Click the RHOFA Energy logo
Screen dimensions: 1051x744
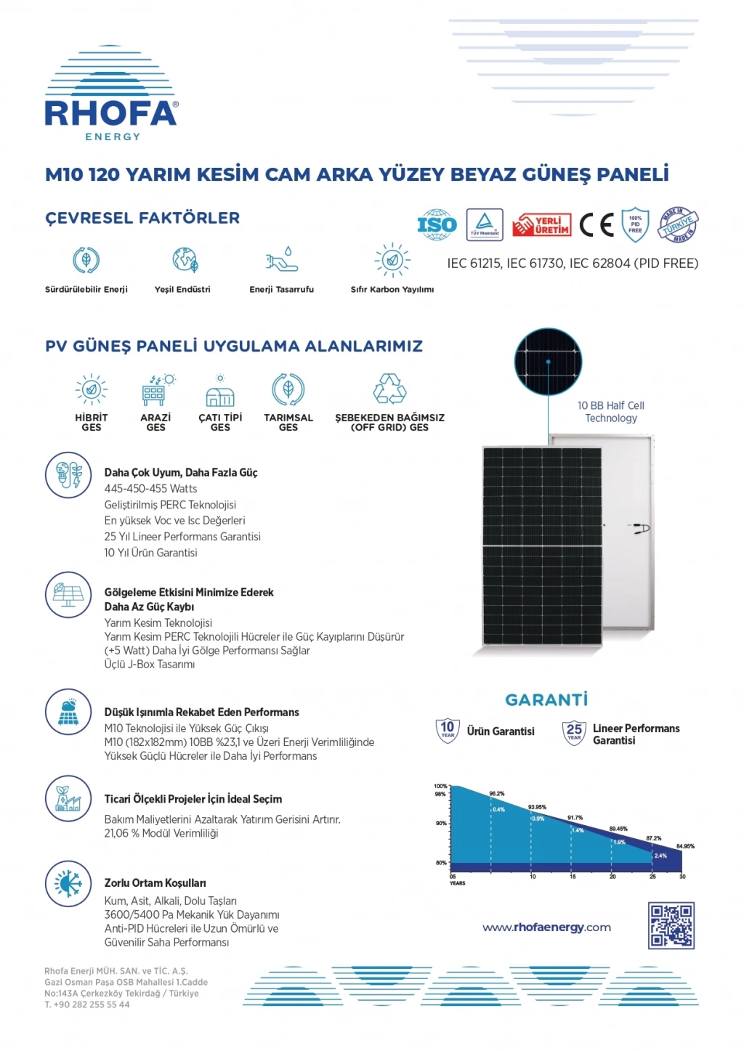(111, 95)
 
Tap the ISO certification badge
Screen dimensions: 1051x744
(436, 225)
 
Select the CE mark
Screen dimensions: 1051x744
(597, 225)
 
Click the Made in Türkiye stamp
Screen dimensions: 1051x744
(679, 225)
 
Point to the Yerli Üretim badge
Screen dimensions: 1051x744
(542, 225)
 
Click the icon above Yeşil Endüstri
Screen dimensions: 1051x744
(185, 260)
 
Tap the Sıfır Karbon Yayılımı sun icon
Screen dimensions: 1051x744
(392, 260)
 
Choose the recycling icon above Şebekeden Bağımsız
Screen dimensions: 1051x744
(389, 389)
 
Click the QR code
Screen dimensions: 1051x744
(671, 925)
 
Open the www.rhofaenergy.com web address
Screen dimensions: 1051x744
(546, 928)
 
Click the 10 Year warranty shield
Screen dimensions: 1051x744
(448, 730)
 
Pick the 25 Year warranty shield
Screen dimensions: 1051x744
(574, 732)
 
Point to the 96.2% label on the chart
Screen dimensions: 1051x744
(497, 794)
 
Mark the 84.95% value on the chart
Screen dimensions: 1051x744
(685, 846)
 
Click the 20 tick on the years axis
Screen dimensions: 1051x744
(612, 877)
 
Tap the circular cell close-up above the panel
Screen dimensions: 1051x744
(548, 362)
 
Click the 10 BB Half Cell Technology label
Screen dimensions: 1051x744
(611, 412)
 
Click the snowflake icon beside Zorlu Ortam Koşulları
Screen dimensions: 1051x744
(68, 883)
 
